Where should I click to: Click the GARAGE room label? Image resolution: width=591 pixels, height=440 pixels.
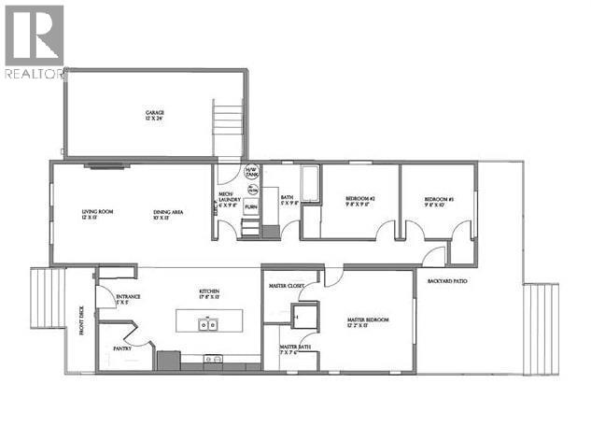pos(154,114)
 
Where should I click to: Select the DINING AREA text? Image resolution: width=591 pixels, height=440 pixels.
pos(168,214)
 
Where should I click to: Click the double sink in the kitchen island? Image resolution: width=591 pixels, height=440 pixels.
pos(207,325)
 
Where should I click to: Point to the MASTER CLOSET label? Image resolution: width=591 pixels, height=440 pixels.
pos(287,286)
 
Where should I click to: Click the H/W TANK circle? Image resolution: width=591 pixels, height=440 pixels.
pos(250,173)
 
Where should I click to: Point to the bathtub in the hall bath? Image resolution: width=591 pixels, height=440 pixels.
pos(309,183)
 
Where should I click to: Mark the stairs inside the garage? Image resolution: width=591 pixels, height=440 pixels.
pos(227,131)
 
